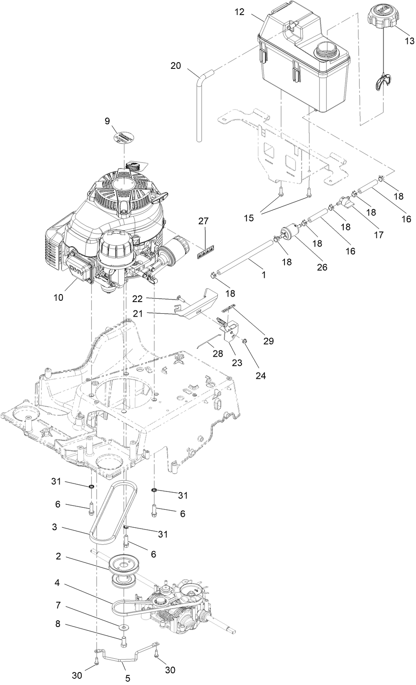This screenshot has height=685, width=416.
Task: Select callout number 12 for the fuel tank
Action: [240, 12]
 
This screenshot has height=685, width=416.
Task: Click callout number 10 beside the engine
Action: [58, 297]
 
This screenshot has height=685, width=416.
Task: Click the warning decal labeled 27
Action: [207, 252]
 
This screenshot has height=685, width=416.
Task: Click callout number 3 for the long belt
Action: [55, 527]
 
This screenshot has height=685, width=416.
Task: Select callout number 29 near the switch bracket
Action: [269, 341]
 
